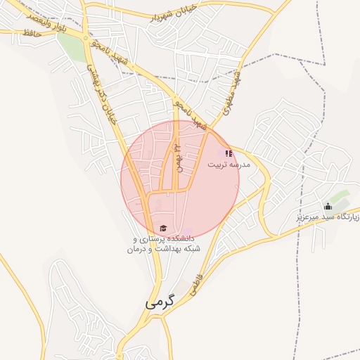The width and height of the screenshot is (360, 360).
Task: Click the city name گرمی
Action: (x=159, y=303)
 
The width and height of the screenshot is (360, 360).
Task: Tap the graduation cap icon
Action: (x=163, y=229)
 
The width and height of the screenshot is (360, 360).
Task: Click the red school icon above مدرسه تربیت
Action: (x=229, y=153)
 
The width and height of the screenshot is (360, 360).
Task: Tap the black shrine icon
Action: (x=327, y=206)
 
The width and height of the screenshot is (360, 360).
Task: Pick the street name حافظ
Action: (x=29, y=33)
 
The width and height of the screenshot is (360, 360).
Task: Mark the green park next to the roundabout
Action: (x=70, y=45)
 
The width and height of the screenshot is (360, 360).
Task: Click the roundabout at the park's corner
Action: (x=85, y=37)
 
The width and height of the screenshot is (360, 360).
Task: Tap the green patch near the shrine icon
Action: (x=340, y=198)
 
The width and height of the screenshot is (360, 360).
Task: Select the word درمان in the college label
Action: (x=139, y=250)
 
